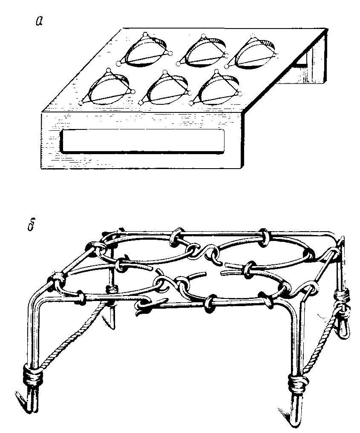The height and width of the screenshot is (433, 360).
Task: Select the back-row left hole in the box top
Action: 145,52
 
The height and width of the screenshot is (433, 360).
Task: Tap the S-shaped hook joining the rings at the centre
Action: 207,252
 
